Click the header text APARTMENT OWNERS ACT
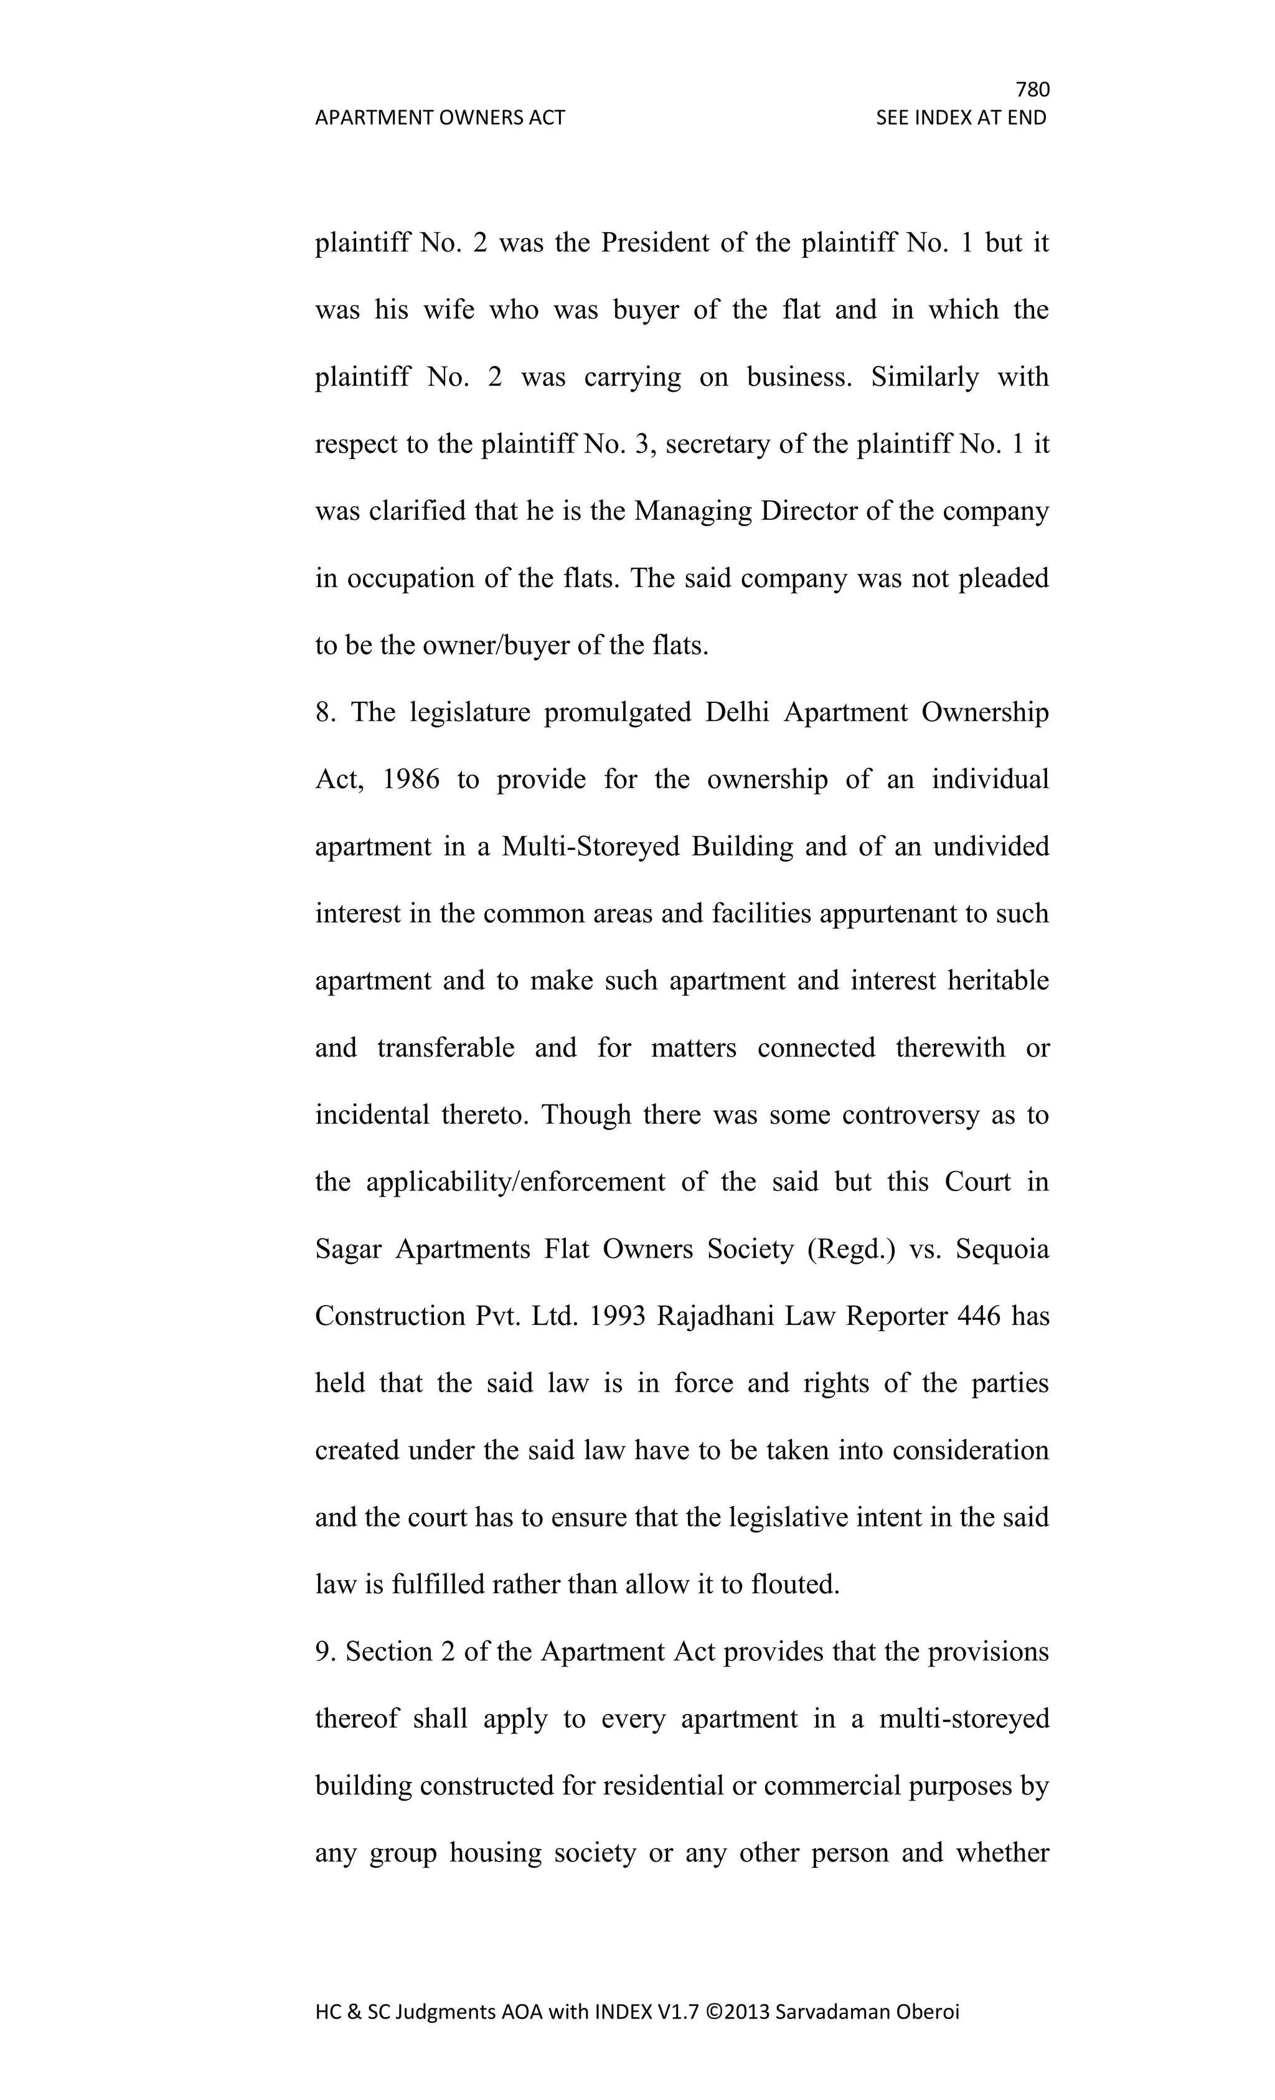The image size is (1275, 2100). [440, 118]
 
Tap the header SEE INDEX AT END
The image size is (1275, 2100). [961, 118]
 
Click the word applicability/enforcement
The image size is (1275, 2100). [515, 1182]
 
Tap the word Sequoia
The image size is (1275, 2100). [1002, 1250]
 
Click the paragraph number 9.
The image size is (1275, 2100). [324, 1652]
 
